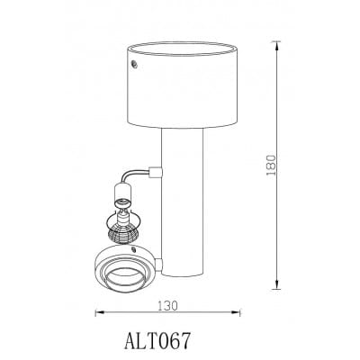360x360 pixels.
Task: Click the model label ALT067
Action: pos(157,340)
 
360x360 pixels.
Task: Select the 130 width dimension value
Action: pos(168,306)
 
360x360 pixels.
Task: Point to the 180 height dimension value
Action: pos(271,166)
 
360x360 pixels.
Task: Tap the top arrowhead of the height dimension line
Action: pos(277,46)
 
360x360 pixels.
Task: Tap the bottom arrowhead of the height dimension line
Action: pos(277,285)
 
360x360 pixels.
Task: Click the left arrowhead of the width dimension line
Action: pos(99,312)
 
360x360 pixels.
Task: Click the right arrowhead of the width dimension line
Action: pos(236,312)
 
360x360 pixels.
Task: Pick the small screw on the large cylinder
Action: pos(134,64)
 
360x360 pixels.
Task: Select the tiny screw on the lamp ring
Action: pos(133,248)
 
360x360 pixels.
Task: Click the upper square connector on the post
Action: pos(156,172)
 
